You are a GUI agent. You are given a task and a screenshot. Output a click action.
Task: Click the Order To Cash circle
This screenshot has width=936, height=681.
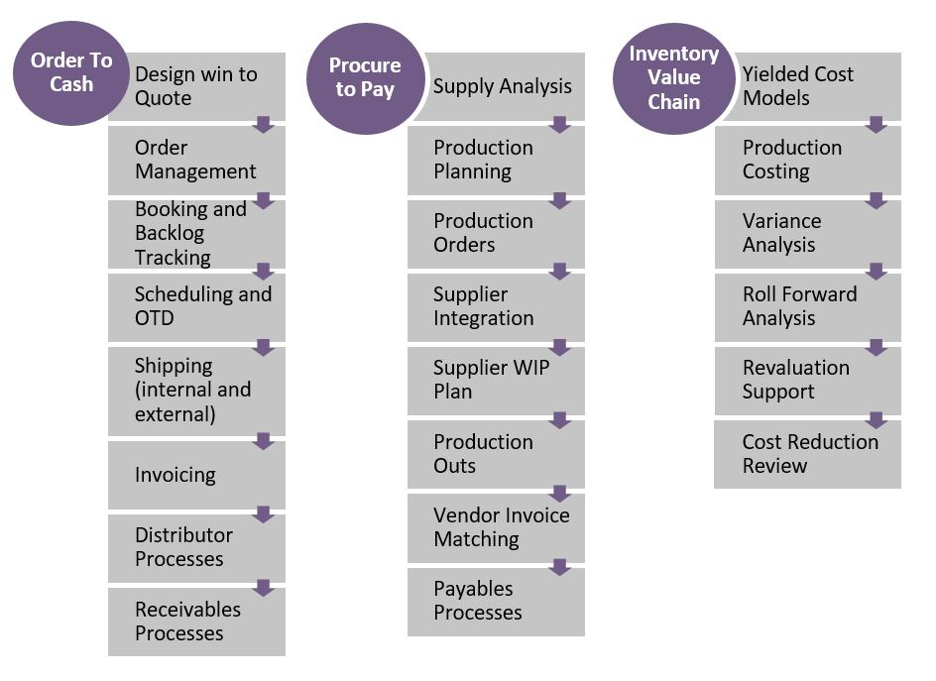(71, 73)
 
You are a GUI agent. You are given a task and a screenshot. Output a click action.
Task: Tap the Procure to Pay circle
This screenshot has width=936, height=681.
(365, 78)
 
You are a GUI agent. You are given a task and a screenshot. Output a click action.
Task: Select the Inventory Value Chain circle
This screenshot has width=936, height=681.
(673, 78)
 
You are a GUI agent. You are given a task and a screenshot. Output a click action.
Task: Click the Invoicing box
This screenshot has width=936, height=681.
(196, 475)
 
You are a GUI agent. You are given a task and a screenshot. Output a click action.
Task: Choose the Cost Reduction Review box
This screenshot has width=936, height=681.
(808, 454)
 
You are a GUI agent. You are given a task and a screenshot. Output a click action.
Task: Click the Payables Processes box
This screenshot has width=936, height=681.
(496, 602)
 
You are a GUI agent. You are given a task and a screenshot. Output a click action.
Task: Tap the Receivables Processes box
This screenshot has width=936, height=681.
(196, 622)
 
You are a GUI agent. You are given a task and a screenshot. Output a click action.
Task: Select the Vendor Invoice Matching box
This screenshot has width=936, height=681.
(496, 528)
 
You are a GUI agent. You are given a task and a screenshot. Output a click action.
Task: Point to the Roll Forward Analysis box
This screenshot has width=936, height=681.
(808, 307)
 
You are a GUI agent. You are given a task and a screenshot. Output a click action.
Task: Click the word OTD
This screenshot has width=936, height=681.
(154, 318)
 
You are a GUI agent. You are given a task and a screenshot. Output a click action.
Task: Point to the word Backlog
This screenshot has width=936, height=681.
(170, 233)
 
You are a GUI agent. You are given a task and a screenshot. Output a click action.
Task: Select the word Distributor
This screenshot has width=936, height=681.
(183, 534)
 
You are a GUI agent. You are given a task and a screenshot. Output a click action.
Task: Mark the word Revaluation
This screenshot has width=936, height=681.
(796, 368)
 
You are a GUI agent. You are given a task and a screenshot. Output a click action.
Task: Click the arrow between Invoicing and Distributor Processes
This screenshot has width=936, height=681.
(264, 513)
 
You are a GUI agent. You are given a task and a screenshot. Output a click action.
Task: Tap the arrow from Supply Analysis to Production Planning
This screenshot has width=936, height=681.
(560, 124)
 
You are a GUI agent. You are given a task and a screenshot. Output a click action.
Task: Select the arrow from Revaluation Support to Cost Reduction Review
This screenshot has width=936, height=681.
(877, 420)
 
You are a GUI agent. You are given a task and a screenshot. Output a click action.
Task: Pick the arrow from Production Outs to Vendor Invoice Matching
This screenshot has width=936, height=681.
(560, 494)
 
